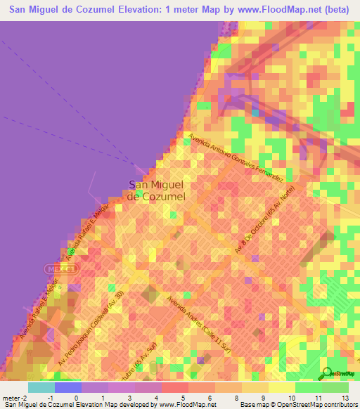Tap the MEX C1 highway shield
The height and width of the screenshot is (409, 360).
click(56, 268)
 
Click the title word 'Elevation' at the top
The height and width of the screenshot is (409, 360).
click(145, 9)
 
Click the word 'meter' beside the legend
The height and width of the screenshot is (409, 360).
click(10, 398)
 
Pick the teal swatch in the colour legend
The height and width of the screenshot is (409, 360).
click(41, 387)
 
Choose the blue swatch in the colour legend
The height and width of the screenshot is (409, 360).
click(67, 387)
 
